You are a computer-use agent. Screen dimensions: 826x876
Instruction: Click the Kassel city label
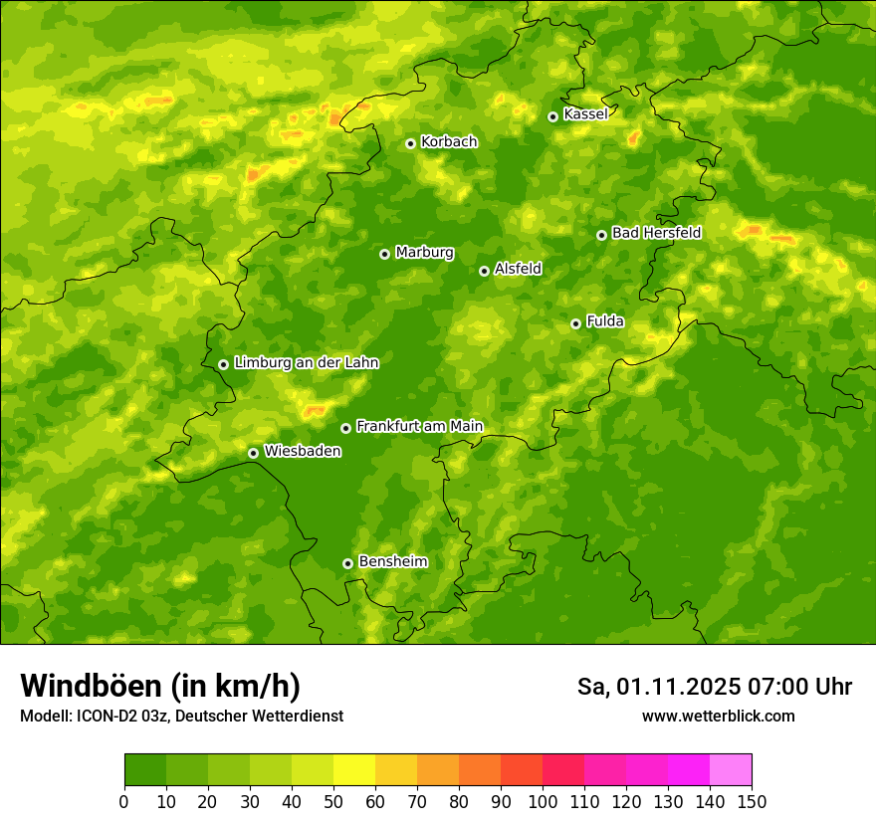pos(585,114)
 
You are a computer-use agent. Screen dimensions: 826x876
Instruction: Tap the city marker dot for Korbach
pos(410,143)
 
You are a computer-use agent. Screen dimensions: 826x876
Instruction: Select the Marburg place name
pos(424,253)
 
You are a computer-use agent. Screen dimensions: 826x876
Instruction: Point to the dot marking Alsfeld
pos(484,271)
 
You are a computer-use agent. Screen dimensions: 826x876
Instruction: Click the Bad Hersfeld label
pos(656,233)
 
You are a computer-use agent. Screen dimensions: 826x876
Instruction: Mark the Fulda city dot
pos(575,323)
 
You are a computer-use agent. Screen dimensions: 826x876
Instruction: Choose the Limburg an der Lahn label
pos(306,363)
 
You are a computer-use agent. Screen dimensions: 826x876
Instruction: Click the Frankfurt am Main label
pos(419,426)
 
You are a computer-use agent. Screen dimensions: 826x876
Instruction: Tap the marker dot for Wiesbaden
pos(254,453)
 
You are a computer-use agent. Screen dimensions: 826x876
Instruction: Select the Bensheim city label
pos(392,561)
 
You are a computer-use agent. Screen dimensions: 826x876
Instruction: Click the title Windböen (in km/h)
pos(160,687)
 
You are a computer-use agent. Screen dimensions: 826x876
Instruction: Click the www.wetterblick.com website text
pos(718,717)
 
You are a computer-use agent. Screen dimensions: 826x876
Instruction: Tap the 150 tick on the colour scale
pos(752,801)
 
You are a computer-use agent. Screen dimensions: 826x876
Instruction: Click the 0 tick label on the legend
pos(124,801)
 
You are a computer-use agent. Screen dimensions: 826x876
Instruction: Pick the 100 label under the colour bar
pos(543,801)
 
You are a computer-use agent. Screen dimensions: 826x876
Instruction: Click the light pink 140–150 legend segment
pos(731,770)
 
